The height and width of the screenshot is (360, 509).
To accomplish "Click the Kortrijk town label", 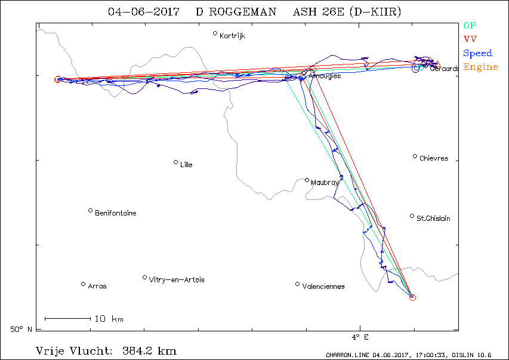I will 232,36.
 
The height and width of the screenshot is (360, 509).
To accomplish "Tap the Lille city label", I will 186,165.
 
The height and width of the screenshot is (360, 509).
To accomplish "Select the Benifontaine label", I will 115,213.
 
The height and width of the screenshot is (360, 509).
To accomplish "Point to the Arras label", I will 97,287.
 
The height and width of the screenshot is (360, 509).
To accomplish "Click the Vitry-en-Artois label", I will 177,280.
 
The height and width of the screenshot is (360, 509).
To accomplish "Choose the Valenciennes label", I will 323,287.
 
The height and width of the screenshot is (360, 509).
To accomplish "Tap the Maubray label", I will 324,183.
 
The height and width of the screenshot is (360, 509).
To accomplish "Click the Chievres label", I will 433,159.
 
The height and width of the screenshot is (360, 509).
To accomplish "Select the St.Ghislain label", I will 433,219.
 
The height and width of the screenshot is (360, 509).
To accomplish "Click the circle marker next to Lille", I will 175,162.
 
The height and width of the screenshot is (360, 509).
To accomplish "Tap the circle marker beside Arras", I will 83,284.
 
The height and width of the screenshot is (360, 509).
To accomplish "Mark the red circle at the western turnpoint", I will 57,79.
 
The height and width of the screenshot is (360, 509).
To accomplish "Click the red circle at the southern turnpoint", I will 412,297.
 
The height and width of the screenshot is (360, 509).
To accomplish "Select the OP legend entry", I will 470,26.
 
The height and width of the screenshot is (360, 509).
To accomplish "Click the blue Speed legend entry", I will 477,53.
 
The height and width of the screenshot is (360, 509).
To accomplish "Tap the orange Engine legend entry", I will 480,67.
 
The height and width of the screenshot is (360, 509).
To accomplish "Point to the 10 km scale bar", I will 67,318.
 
